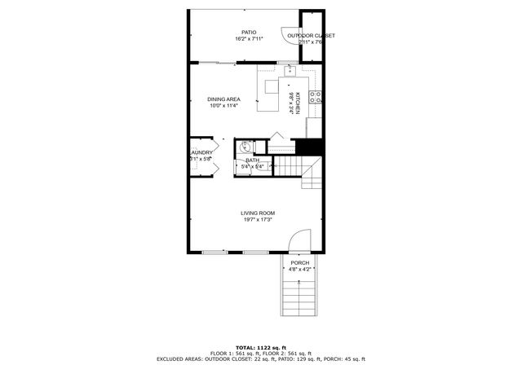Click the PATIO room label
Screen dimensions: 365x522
pyautogui.click(x=248, y=33)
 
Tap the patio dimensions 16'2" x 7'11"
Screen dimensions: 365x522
pyautogui.click(x=248, y=39)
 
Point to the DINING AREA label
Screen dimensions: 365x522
pyautogui.click(x=223, y=99)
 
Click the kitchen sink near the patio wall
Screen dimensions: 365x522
pyautogui.click(x=290, y=71)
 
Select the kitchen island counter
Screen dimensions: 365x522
pyautogui.click(x=269, y=95)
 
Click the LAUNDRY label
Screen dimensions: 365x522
pyautogui.click(x=201, y=152)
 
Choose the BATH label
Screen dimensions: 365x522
pyautogui.click(x=253, y=161)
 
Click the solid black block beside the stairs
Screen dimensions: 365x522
pyautogui.click(x=308, y=147)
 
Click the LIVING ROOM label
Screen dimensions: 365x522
pyautogui.click(x=257, y=213)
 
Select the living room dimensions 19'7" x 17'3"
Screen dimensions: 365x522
pyautogui.click(x=257, y=220)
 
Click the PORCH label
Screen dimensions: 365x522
pyautogui.click(x=300, y=263)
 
